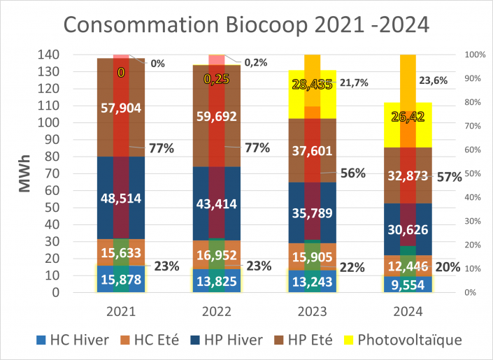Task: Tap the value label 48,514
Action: tap(121, 198)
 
